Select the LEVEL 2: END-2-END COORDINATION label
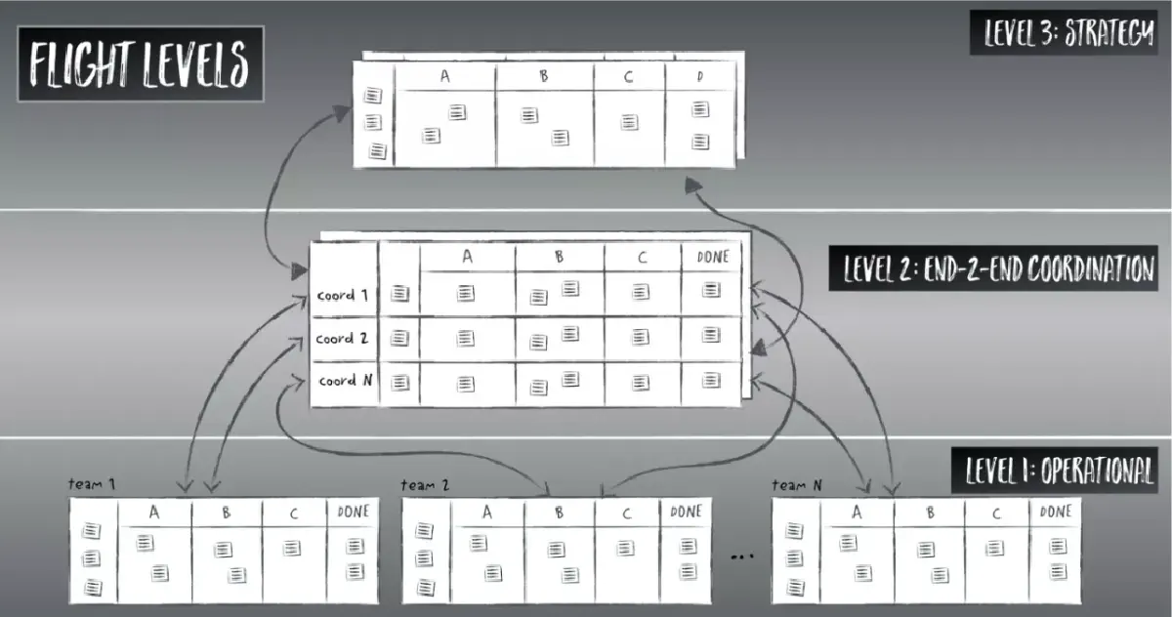pos(992,268)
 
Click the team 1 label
pos(93,484)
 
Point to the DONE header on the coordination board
pos(712,256)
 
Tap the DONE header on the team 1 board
pos(353,512)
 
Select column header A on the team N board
pos(857,512)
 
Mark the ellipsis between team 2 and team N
pos(744,557)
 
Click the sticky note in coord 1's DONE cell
pos(711,290)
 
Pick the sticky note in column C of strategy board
pos(630,123)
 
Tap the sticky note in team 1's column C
pos(292,549)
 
